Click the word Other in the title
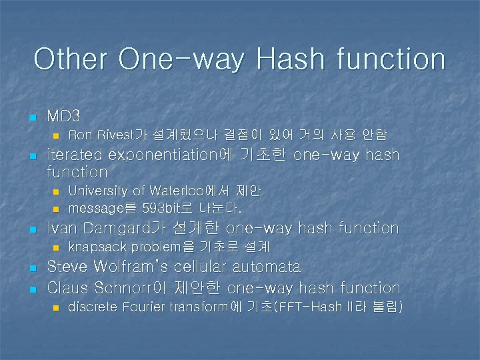point(71,59)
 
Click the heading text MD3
point(63,116)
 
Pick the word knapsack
point(98,247)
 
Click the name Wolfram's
point(131,267)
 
